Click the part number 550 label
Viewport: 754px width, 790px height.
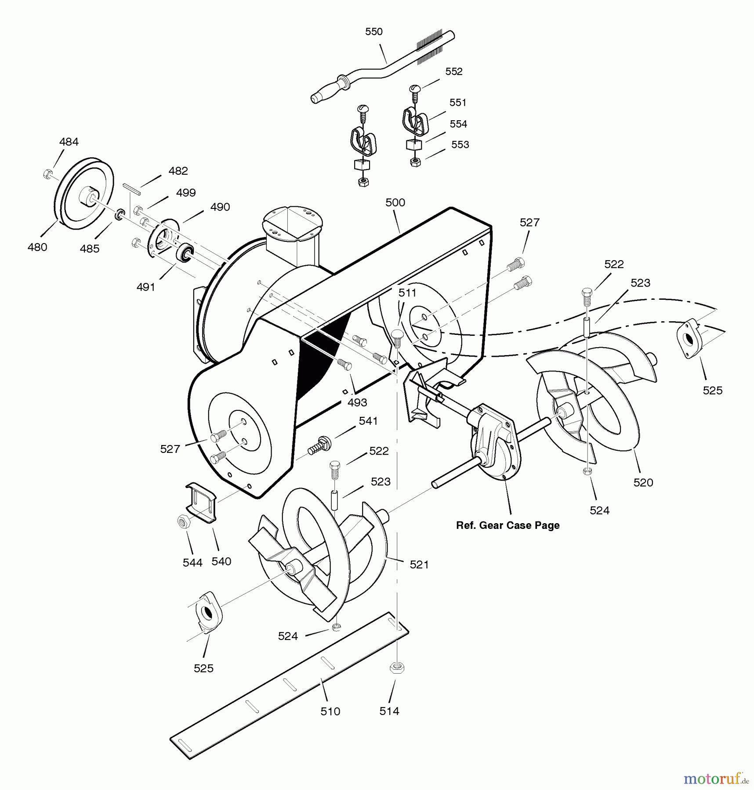point(374,32)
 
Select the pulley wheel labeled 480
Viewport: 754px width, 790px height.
point(84,193)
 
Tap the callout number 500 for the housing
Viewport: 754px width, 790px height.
point(395,202)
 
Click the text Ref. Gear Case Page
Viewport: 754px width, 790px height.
point(507,525)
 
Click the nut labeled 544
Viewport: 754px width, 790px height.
point(183,521)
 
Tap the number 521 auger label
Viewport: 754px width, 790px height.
point(419,565)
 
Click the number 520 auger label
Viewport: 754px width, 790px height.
point(643,483)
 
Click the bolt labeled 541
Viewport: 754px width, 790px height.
point(319,445)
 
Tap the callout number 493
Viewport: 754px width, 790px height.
point(357,402)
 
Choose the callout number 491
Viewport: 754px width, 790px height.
point(146,287)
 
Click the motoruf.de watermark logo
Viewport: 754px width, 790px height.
point(716,779)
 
